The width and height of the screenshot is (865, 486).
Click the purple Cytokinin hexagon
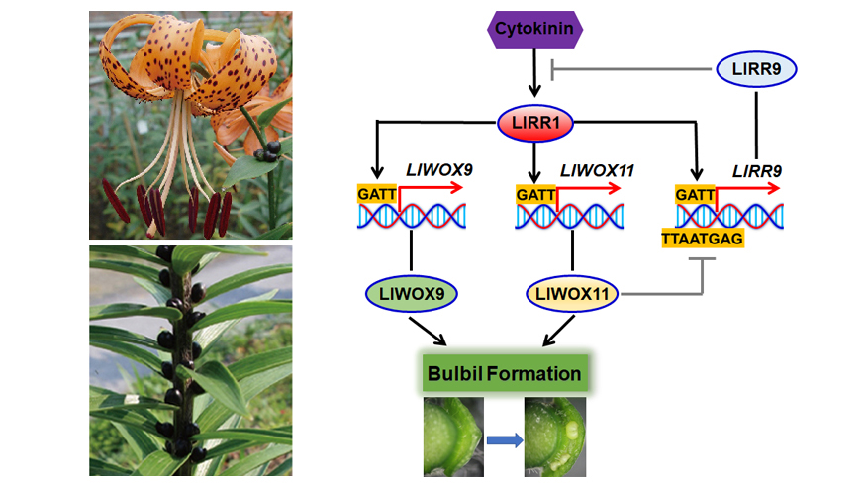pos(534,29)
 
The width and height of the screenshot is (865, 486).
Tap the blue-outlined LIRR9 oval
pos(756,69)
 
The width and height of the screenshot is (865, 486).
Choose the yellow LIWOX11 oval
pos(573,293)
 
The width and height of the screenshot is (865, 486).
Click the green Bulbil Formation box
pos(503,374)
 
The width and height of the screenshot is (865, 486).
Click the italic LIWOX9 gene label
pos(440,171)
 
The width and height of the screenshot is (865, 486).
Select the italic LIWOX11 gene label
pos(598,171)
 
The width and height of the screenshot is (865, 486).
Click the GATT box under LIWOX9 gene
pos(377,196)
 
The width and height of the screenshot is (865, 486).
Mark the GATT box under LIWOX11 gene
pos(535,196)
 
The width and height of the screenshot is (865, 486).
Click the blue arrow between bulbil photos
pos(504,441)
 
